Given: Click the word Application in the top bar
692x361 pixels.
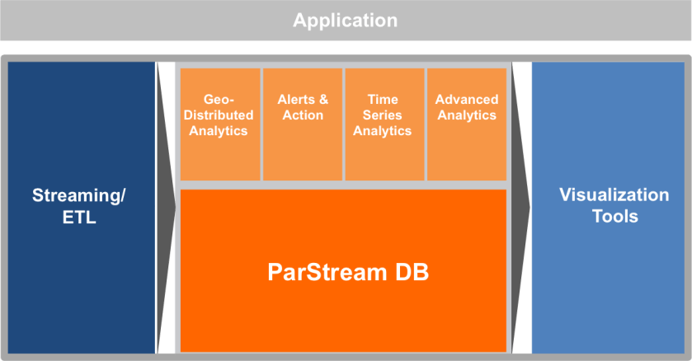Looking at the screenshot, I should point(345,20).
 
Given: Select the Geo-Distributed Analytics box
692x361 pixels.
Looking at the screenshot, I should point(219,124).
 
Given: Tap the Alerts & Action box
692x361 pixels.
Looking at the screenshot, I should point(303,124).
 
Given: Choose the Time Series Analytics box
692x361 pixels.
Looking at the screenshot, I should point(383,124).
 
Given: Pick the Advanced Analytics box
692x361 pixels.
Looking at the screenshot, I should point(466,124).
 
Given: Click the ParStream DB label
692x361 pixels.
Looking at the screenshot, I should point(348,273).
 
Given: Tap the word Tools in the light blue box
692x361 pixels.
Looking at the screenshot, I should point(614,217).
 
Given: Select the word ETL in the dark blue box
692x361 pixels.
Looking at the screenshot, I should point(80,218).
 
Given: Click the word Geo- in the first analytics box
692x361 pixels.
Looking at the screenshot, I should point(219,100).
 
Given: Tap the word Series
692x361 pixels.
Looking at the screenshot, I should point(383,115).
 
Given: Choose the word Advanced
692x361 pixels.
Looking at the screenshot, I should point(466,100).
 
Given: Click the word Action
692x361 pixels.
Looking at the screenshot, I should point(303,115).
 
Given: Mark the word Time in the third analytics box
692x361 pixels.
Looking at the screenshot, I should point(383,100).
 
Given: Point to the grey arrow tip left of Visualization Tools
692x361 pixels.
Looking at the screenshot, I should point(525,206).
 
